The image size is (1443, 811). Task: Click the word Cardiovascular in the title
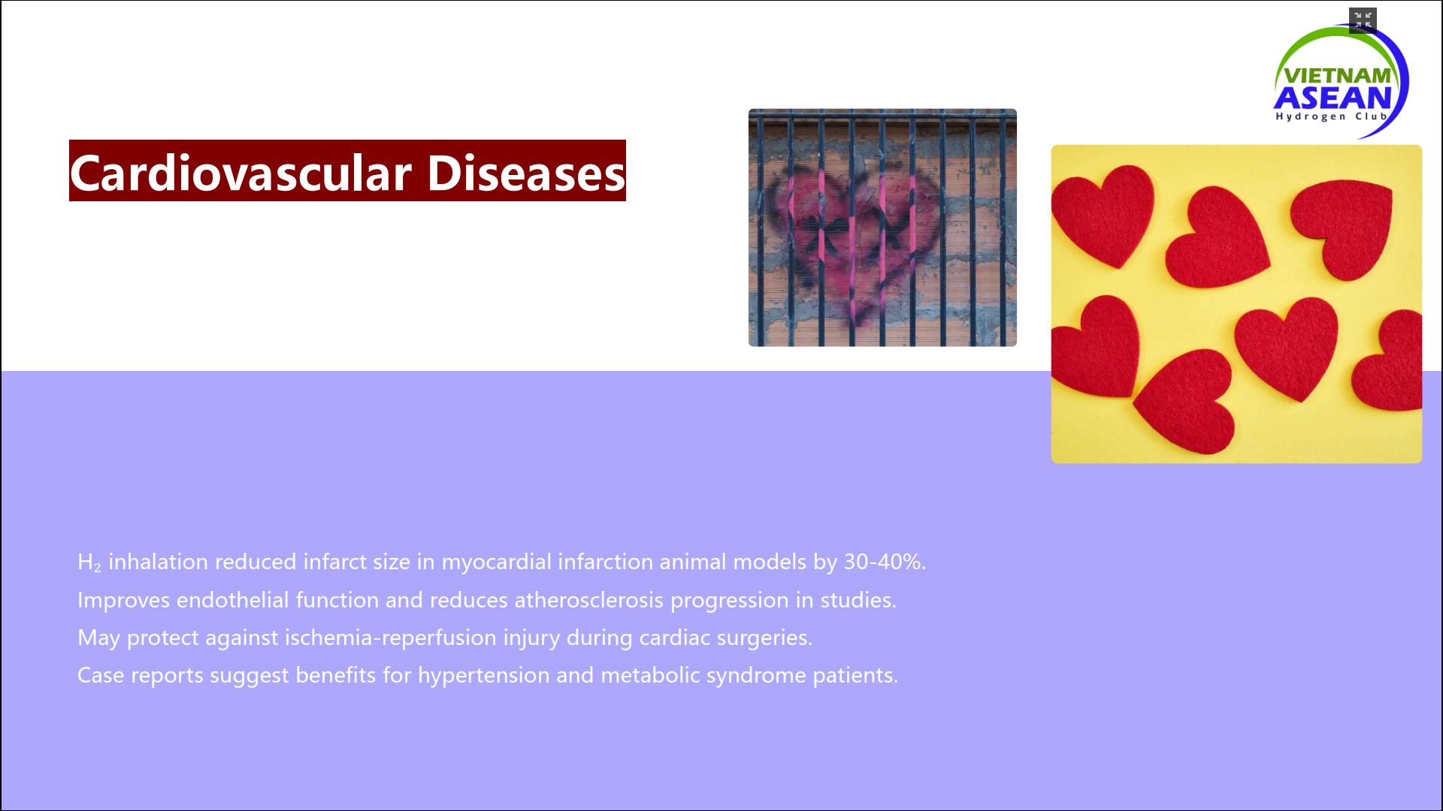241,172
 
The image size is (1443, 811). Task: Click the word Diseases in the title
526,172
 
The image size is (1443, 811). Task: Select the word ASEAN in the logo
1333,98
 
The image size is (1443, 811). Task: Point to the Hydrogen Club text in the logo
1331,116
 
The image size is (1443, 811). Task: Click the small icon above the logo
1363,20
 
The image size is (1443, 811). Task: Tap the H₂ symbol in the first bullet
89,562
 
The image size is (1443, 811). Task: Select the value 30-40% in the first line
883,562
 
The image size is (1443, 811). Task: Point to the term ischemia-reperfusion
391,638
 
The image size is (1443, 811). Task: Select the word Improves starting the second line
123,601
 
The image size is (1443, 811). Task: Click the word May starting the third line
98,638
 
